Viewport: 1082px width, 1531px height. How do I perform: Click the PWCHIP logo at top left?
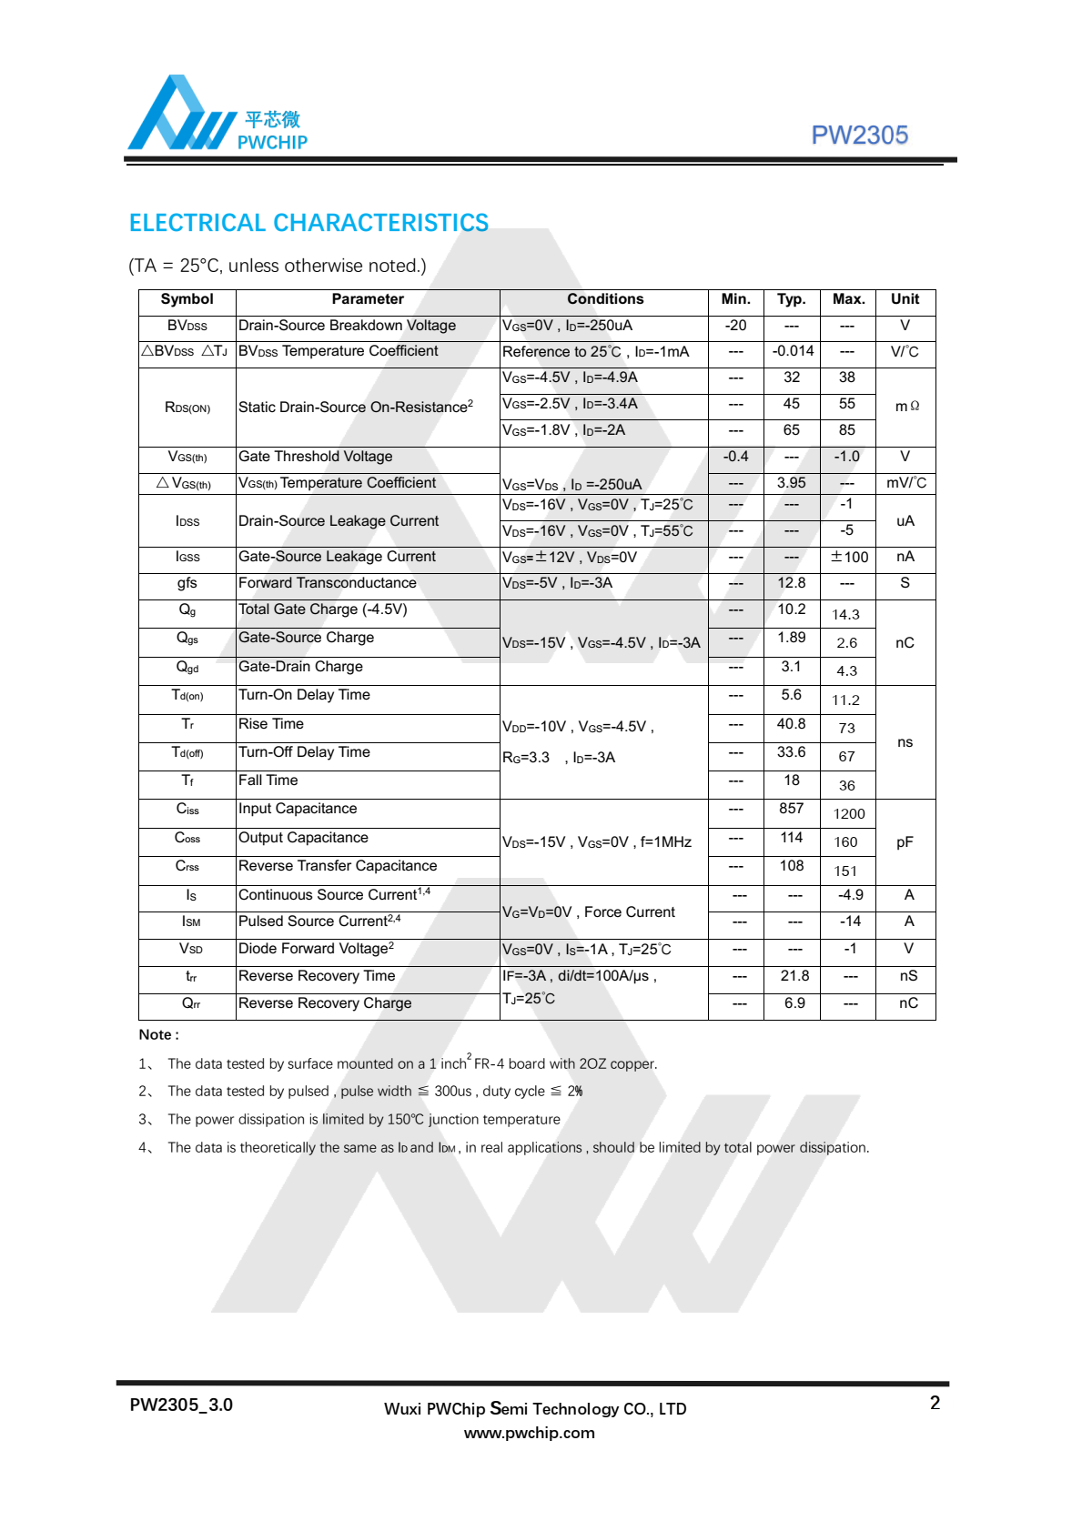point(217,115)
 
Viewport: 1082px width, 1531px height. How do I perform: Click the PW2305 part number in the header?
point(859,136)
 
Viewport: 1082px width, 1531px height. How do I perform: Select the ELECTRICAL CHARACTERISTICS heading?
point(308,223)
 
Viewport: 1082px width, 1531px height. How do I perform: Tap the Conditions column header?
point(604,299)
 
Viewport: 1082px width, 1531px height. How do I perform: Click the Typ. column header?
point(791,299)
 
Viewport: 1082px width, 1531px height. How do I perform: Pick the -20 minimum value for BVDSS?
point(735,326)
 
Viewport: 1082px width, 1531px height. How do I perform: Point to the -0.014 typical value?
point(793,351)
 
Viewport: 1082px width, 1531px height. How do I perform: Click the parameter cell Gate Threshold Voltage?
point(316,457)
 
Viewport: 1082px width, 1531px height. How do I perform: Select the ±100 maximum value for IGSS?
point(849,557)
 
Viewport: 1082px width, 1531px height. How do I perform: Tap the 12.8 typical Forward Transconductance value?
point(791,583)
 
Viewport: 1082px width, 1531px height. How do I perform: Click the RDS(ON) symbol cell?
point(187,408)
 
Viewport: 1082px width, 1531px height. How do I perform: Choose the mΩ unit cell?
point(906,406)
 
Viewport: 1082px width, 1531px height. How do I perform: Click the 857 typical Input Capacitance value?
point(791,809)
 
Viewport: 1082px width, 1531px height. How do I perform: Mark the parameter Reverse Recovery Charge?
point(325,1003)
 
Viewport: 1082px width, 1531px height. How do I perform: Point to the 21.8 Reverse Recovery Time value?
point(794,976)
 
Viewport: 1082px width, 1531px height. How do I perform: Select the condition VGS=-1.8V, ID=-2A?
point(563,430)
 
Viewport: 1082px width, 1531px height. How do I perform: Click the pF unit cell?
point(905,842)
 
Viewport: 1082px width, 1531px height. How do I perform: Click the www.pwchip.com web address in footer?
point(529,1433)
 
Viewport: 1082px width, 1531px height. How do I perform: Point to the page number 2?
point(935,1403)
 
